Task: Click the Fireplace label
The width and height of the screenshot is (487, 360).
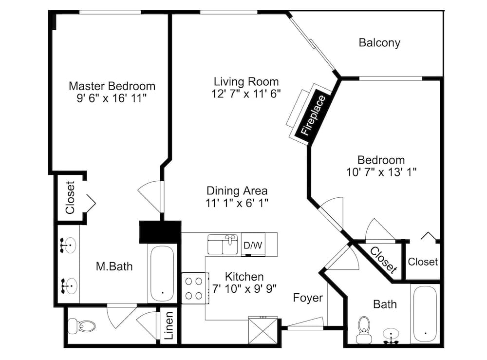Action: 313,116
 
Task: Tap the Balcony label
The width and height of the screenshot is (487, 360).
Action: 379,42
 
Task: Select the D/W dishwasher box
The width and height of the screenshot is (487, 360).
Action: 252,246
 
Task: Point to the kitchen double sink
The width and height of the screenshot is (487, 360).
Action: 223,244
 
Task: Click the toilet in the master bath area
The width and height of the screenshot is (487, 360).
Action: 80,326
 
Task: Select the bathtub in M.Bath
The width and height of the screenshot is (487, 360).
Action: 162,273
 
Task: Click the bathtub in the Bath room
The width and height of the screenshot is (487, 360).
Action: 425,314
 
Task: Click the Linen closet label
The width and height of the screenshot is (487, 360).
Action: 169,328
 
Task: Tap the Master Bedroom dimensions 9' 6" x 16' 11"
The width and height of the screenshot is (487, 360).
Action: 112,98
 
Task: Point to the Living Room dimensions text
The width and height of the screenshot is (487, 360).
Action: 246,94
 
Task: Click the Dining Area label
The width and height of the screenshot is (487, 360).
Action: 237,190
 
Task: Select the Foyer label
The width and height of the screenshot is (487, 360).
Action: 307,297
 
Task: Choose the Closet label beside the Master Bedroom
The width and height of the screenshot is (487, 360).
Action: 70,197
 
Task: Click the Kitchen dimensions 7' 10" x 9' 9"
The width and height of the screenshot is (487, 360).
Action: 244,288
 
